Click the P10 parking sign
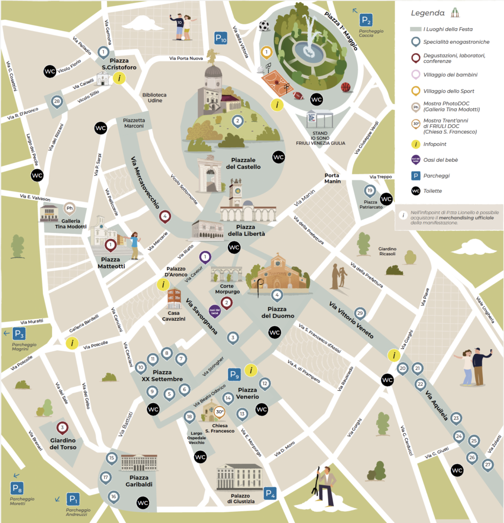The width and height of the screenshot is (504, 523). (x=221, y=38)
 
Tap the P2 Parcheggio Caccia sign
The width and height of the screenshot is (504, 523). (x=366, y=20)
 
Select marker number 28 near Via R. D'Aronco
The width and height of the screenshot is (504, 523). (x=57, y=101)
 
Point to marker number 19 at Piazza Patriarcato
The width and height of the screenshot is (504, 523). (x=370, y=191)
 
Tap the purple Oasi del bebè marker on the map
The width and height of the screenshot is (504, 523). (x=214, y=310)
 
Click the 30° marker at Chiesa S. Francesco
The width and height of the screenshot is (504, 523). (x=219, y=412)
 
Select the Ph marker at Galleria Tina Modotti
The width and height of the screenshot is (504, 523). (x=70, y=208)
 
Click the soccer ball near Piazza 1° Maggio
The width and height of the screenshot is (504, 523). (x=264, y=26)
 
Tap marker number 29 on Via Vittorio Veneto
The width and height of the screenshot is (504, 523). (x=360, y=313)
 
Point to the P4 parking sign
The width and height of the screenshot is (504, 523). (x=270, y=493)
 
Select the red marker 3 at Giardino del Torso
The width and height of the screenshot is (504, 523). (x=62, y=427)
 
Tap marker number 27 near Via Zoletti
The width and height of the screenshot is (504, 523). (x=488, y=465)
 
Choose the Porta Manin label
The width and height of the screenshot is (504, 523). (x=332, y=179)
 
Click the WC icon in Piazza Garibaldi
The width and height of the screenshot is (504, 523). (x=143, y=503)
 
